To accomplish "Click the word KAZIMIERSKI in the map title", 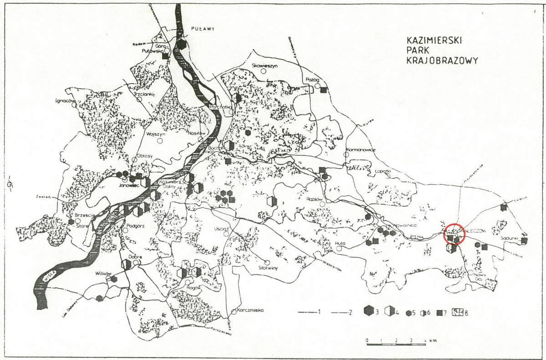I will coord(434,41).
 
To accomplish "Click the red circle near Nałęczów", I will coord(454,235).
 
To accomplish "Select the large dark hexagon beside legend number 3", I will coord(368,312).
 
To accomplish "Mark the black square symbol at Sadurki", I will coord(524,240).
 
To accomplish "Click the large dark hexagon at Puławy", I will coord(182,45).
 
